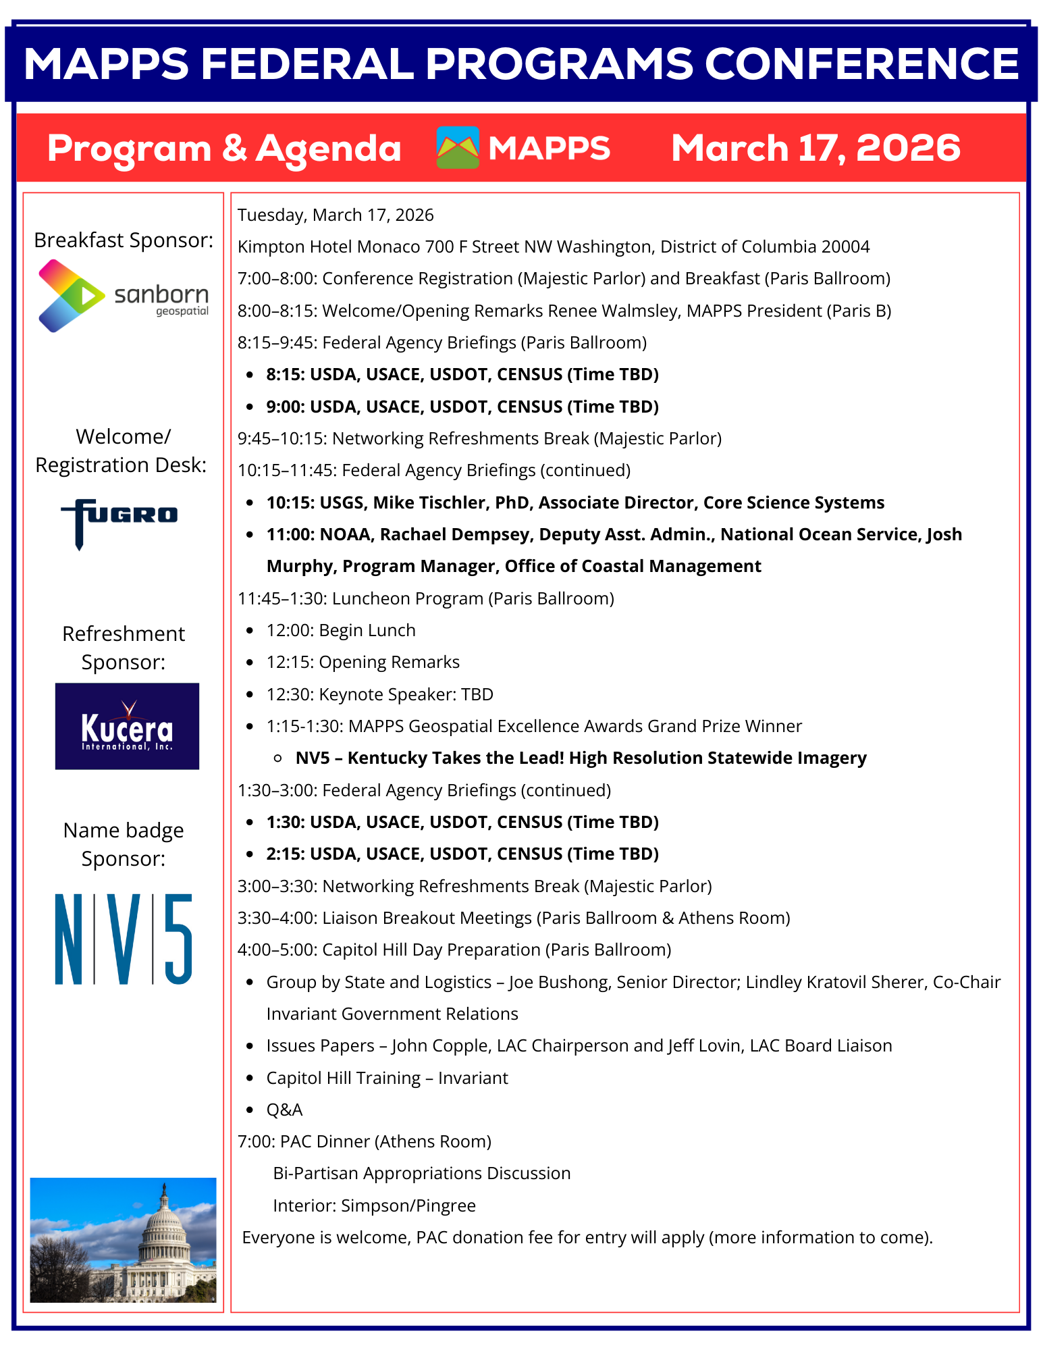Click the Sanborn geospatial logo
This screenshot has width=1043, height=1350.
pos(124,296)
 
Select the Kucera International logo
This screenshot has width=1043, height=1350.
pos(127,726)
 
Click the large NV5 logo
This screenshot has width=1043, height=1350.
pos(124,939)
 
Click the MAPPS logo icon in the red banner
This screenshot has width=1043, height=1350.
pos(458,148)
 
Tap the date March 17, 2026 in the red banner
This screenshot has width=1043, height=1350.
pos(815,148)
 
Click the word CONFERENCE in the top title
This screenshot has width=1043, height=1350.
pos(861,64)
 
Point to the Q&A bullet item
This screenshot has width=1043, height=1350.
pos(284,1110)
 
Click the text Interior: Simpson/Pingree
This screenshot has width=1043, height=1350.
pos(374,1205)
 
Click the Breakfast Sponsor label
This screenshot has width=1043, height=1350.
pos(124,240)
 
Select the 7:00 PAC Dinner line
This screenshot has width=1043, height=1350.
pos(365,1141)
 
